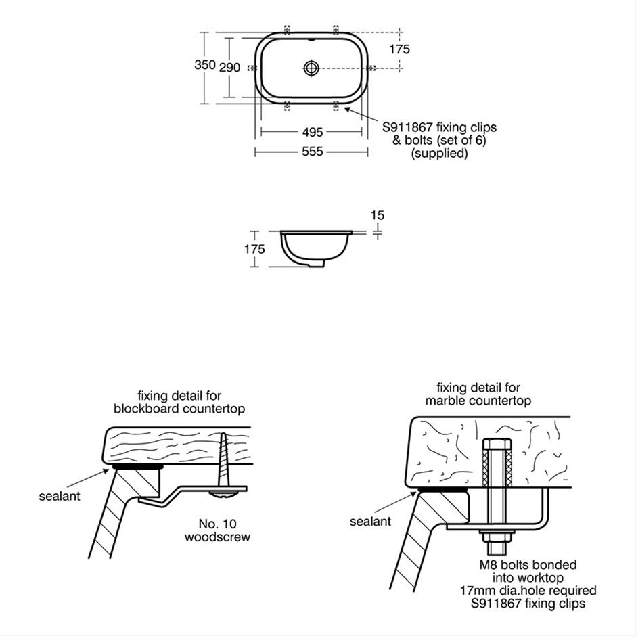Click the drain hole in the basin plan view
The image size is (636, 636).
pos(311,68)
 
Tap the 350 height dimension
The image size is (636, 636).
pos(205,65)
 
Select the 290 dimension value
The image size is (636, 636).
pos(230,68)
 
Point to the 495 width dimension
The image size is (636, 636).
pos(312,132)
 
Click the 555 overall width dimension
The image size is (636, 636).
pos(312,152)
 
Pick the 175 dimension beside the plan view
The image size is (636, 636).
pos(400,49)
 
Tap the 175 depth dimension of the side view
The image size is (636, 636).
pos(254,249)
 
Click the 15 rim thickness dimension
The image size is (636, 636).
pos(378,215)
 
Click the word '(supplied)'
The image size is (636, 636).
pos(440,154)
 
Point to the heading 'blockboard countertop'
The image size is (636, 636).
pos(179,409)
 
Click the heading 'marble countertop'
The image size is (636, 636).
pos(478,401)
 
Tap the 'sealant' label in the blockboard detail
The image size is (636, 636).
pos(60,496)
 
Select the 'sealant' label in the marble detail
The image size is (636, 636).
pos(370,522)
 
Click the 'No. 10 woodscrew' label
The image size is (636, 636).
pos(217,530)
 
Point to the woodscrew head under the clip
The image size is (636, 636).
pos(224,494)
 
